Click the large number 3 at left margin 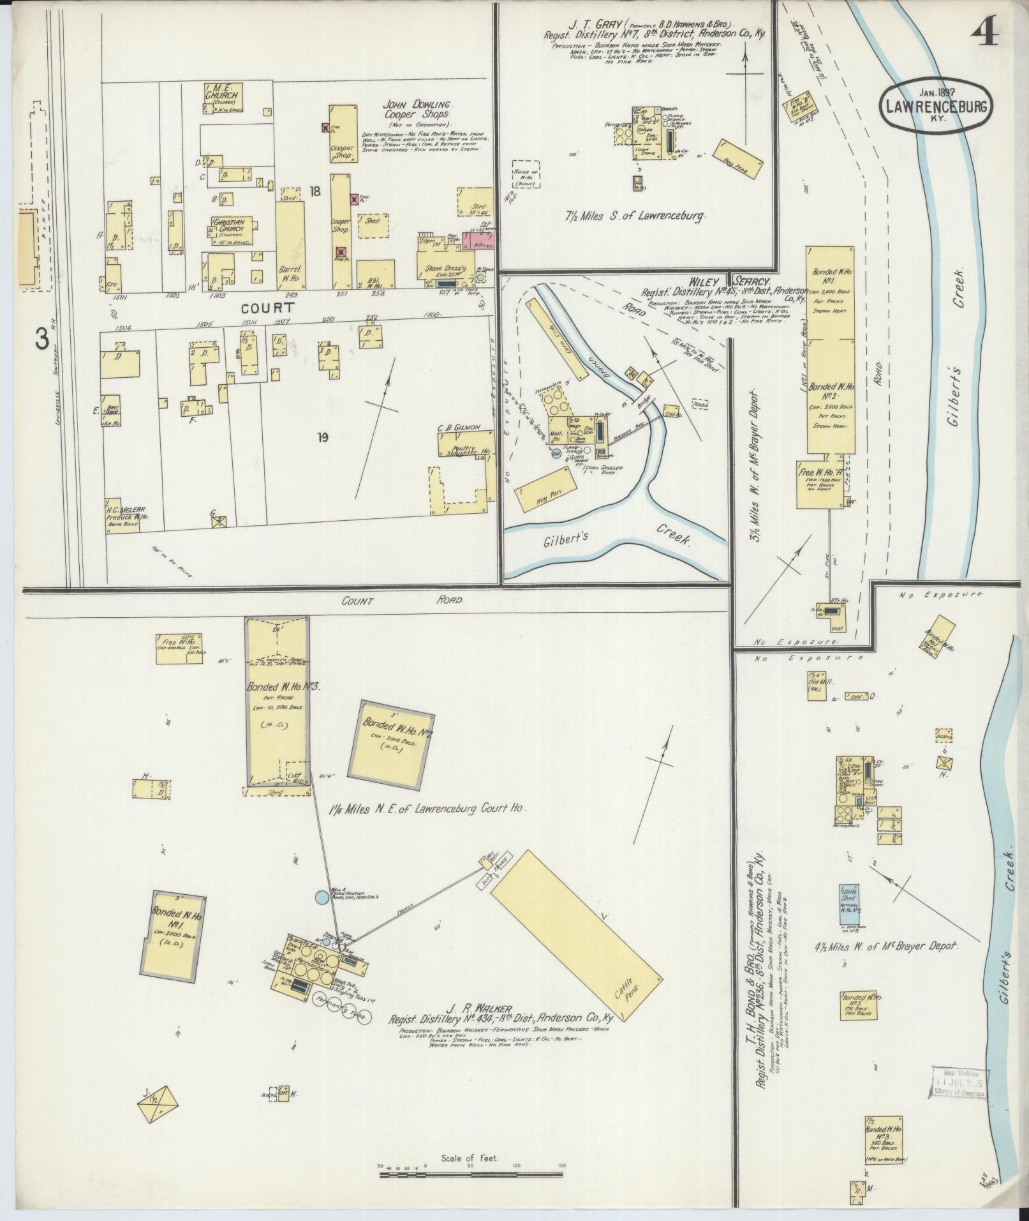point(42,340)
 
